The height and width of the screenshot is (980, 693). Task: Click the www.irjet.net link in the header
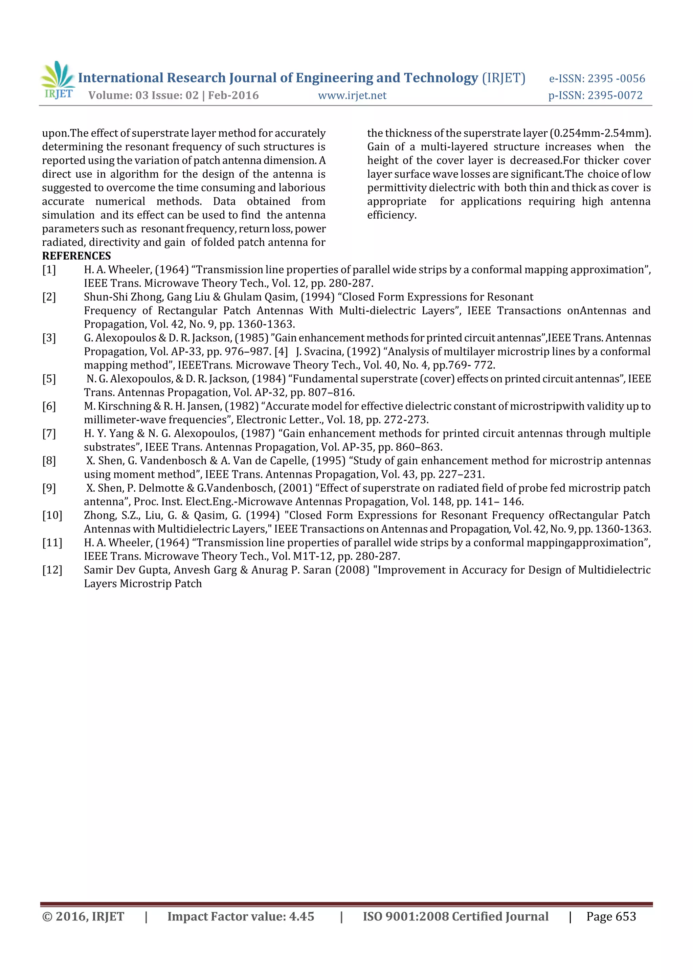pos(352,96)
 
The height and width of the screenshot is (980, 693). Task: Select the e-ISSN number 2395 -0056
pos(616,79)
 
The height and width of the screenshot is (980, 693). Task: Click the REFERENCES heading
pos(76,256)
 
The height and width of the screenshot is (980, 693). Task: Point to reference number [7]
pos(49,434)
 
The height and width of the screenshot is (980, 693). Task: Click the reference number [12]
pos(52,570)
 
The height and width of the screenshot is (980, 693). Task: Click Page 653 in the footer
pos(611,917)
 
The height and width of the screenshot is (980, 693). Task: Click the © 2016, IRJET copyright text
pos(83,917)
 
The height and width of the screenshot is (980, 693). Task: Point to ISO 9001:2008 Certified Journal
pos(455,917)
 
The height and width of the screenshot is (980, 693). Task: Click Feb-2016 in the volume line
pos(233,96)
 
